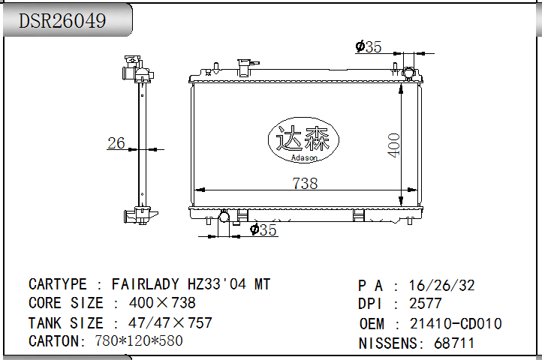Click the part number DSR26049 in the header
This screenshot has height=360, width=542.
[x=62, y=20]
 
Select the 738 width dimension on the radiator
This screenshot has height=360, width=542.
[x=304, y=182]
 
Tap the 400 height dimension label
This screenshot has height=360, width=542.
[x=393, y=144]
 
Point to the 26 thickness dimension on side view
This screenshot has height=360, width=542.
[x=116, y=142]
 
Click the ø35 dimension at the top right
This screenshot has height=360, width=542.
[x=369, y=47]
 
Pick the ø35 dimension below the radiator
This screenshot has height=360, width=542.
[x=263, y=230]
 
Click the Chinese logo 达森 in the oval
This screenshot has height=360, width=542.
[x=303, y=137]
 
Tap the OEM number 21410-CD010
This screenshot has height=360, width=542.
[x=456, y=324]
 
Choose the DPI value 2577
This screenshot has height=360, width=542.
[x=426, y=304]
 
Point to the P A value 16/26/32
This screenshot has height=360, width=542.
[x=441, y=285]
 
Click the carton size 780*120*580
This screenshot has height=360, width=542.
[x=139, y=341]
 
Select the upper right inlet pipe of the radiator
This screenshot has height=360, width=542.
[x=409, y=74]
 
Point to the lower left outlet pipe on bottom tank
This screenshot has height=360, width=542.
[x=223, y=217]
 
